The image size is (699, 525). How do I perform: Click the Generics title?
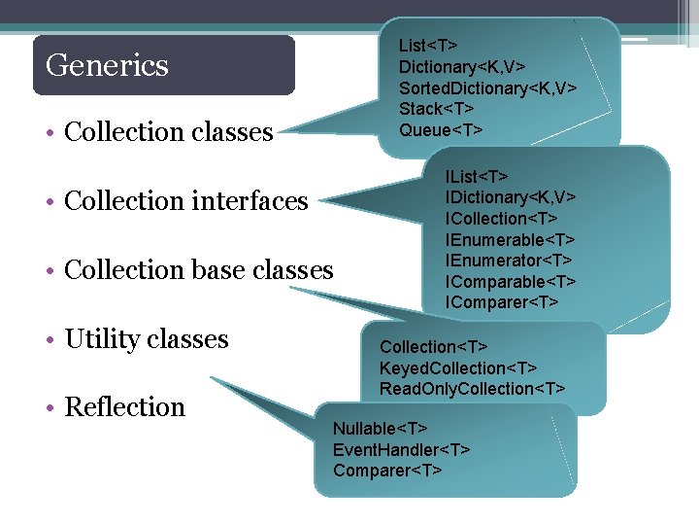(x=107, y=65)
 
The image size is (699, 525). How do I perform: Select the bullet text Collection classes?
(x=168, y=132)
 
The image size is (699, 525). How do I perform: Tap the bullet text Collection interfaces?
(x=185, y=201)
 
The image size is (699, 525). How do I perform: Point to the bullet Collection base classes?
(x=198, y=269)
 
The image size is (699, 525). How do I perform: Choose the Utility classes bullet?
(x=146, y=339)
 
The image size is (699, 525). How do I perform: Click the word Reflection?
(x=124, y=406)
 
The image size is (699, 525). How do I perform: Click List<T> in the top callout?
(x=428, y=45)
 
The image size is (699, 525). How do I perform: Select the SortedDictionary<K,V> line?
(x=487, y=87)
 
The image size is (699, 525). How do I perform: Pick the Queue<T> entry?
(x=440, y=130)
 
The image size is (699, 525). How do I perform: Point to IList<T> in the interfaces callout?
(x=476, y=176)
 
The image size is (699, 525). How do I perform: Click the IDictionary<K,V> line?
(x=511, y=197)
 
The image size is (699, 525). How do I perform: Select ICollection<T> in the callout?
(x=501, y=219)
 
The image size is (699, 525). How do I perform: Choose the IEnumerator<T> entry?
(x=509, y=261)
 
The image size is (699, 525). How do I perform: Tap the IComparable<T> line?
(x=511, y=282)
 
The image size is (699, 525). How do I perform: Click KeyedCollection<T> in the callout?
(x=457, y=368)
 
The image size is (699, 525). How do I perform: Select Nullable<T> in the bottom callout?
(x=380, y=429)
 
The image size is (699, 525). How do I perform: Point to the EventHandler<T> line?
(x=401, y=450)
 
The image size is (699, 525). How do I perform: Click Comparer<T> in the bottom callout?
(x=386, y=472)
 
